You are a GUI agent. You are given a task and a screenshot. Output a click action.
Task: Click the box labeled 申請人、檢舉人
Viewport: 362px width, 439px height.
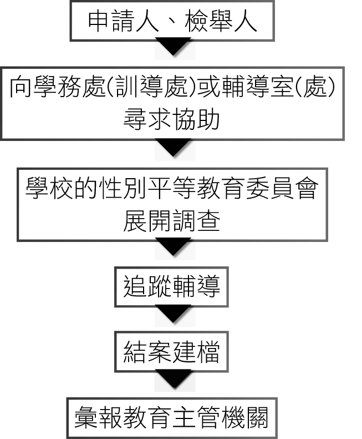click(x=172, y=21)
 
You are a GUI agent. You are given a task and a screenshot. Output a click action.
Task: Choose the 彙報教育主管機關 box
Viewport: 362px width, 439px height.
click(x=171, y=417)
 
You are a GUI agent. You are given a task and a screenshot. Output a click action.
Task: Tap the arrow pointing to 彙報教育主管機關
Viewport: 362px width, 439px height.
click(x=172, y=380)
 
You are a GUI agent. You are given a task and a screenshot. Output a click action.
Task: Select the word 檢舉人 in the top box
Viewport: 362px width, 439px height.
click(x=225, y=21)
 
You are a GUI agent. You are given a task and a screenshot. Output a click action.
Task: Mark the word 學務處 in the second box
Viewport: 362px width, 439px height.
click(x=64, y=87)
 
